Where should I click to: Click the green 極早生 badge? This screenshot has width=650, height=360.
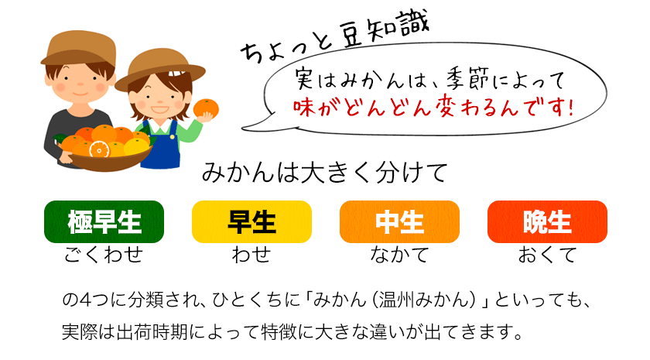pos(104,222)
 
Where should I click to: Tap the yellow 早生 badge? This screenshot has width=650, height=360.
pos(251,222)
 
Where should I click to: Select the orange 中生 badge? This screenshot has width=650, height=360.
pos(399,222)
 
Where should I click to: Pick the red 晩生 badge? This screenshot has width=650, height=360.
pos(547,222)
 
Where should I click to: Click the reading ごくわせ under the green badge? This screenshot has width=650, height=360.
pos(104,254)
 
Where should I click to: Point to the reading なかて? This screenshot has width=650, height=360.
pos(399,254)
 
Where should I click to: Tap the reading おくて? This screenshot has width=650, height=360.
pos(547,254)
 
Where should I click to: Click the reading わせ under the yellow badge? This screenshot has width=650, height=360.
pos(251,254)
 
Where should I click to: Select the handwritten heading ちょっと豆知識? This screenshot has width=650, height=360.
pos(334,36)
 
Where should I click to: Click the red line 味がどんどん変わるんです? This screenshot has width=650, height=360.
pos(433,108)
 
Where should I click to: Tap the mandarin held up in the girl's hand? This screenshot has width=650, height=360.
pos(206,108)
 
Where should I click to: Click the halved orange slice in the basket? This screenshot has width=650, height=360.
pos(100,149)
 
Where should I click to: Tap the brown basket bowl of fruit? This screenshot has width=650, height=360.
pos(108,159)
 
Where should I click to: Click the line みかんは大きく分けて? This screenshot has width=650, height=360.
pos(325,173)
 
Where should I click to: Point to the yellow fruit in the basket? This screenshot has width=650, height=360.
pos(136,146)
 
